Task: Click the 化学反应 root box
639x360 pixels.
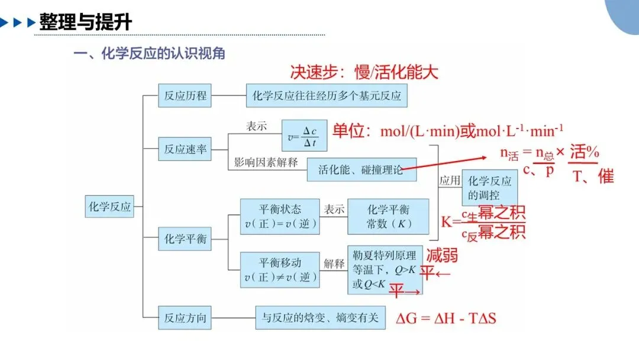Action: [109, 206]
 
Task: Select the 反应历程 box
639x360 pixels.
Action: [185, 95]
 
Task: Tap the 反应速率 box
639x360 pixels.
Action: [185, 149]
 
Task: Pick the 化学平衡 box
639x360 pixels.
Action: [185, 239]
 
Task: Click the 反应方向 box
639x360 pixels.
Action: [185, 317]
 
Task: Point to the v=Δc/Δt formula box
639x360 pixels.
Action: [305, 136]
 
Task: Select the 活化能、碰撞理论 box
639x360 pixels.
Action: [362, 169]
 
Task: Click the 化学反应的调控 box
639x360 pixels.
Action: [490, 188]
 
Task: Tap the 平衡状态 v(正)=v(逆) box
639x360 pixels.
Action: [280, 217]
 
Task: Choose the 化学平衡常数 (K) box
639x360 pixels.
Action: [388, 217]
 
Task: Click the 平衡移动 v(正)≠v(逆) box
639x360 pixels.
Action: [280, 270]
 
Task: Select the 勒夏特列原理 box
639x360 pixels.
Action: [385, 269]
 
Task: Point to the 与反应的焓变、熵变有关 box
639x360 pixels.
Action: [320, 317]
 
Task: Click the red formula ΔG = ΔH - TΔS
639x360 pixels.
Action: [446, 318]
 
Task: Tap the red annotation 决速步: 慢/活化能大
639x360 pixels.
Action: [364, 72]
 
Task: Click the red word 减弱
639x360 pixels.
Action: [442, 256]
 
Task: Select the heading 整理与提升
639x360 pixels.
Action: [86, 21]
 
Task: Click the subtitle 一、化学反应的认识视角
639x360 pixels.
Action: [149, 53]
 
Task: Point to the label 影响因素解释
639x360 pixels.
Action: [266, 162]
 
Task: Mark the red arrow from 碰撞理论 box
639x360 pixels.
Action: [443, 163]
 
